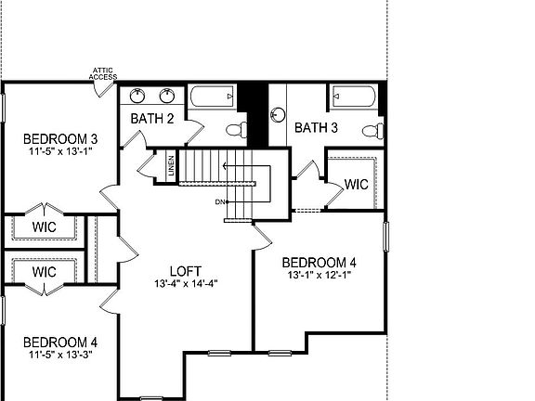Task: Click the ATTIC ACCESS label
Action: pos(103,72)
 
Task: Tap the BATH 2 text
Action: pos(152,118)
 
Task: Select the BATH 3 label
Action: pos(316,127)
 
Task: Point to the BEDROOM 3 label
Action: pos(61,140)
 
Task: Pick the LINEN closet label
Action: pos(171,168)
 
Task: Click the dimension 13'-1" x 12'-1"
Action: pos(319,275)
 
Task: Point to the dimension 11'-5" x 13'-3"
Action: pos(60,354)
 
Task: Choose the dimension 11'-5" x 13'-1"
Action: pos(61,153)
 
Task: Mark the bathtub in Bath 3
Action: pos(355,95)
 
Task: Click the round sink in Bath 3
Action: pos(277,114)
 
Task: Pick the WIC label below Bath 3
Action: pos(356,184)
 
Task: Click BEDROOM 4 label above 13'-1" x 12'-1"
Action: pos(319,262)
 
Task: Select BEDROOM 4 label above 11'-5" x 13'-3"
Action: pos(60,341)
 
